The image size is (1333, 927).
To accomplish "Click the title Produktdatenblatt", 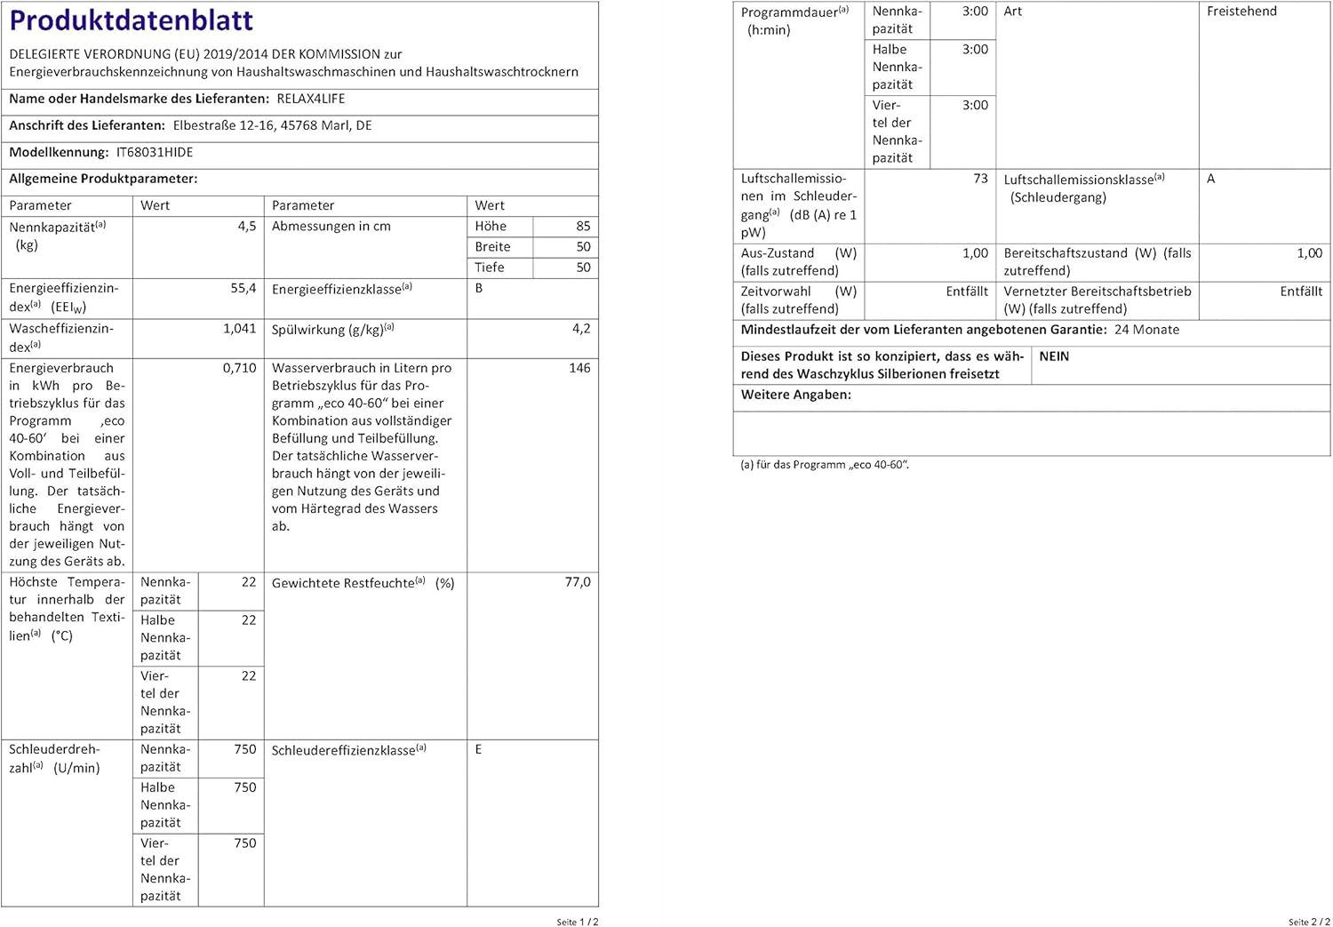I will (x=132, y=20).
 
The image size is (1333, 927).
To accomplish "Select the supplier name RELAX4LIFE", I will (x=311, y=99).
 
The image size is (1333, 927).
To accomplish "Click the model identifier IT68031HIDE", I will (x=155, y=152).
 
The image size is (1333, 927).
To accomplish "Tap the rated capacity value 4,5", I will (x=247, y=227).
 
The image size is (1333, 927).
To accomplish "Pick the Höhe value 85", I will (x=583, y=227).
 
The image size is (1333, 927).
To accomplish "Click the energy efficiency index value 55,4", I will (x=243, y=288).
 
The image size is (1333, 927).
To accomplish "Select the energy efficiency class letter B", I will (x=479, y=288).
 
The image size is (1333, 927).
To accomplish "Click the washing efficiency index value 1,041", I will (x=240, y=328).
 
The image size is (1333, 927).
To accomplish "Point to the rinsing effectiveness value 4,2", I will (x=581, y=328).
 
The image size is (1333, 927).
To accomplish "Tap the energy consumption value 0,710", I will (x=240, y=368).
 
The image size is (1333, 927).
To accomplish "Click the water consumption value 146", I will (x=579, y=368).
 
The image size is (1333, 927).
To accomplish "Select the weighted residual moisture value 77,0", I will (x=578, y=582).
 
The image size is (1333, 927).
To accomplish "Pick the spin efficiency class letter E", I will (x=478, y=749).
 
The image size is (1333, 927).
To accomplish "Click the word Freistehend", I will (x=1241, y=12).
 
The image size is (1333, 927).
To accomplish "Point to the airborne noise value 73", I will (x=980, y=179).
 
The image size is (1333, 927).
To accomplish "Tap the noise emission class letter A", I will (x=1210, y=179).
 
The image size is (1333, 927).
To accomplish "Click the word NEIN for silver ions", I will (x=1054, y=356).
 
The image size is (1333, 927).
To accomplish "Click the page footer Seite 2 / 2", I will (x=1309, y=922).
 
